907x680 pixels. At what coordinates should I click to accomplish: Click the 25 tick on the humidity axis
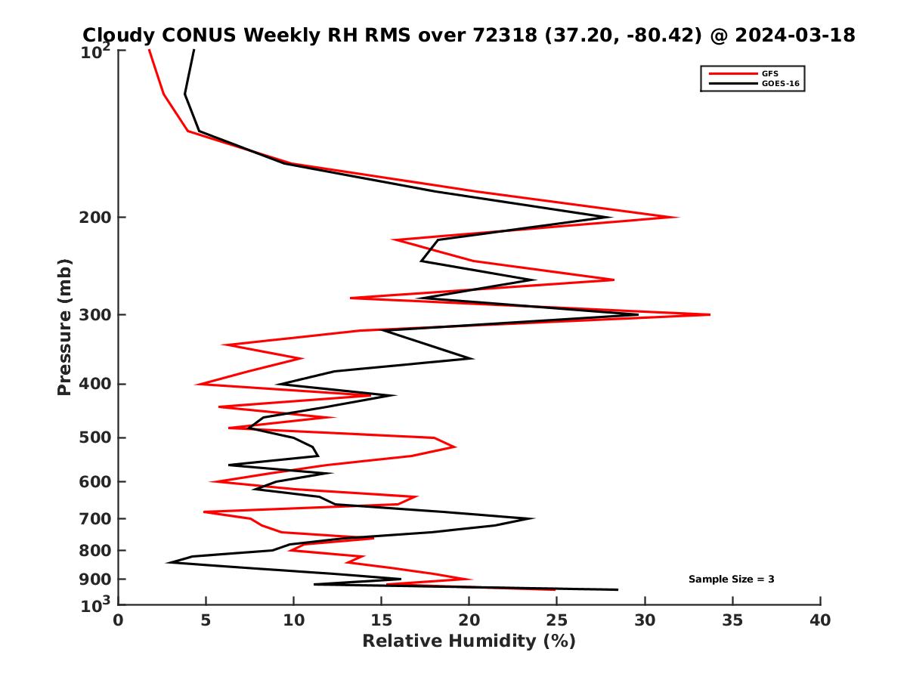coord(557,621)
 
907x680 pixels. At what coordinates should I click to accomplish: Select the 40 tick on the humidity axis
coord(820,621)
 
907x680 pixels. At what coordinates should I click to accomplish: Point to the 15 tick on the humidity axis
coord(382,621)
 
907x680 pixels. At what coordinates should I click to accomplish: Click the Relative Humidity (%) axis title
coord(469,641)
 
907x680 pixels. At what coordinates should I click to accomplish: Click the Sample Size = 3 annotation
coord(731,580)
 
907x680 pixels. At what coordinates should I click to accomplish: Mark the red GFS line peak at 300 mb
coord(709,314)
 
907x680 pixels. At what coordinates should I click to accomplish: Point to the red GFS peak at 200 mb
coord(678,218)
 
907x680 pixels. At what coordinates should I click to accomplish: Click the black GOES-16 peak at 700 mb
coord(534,518)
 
